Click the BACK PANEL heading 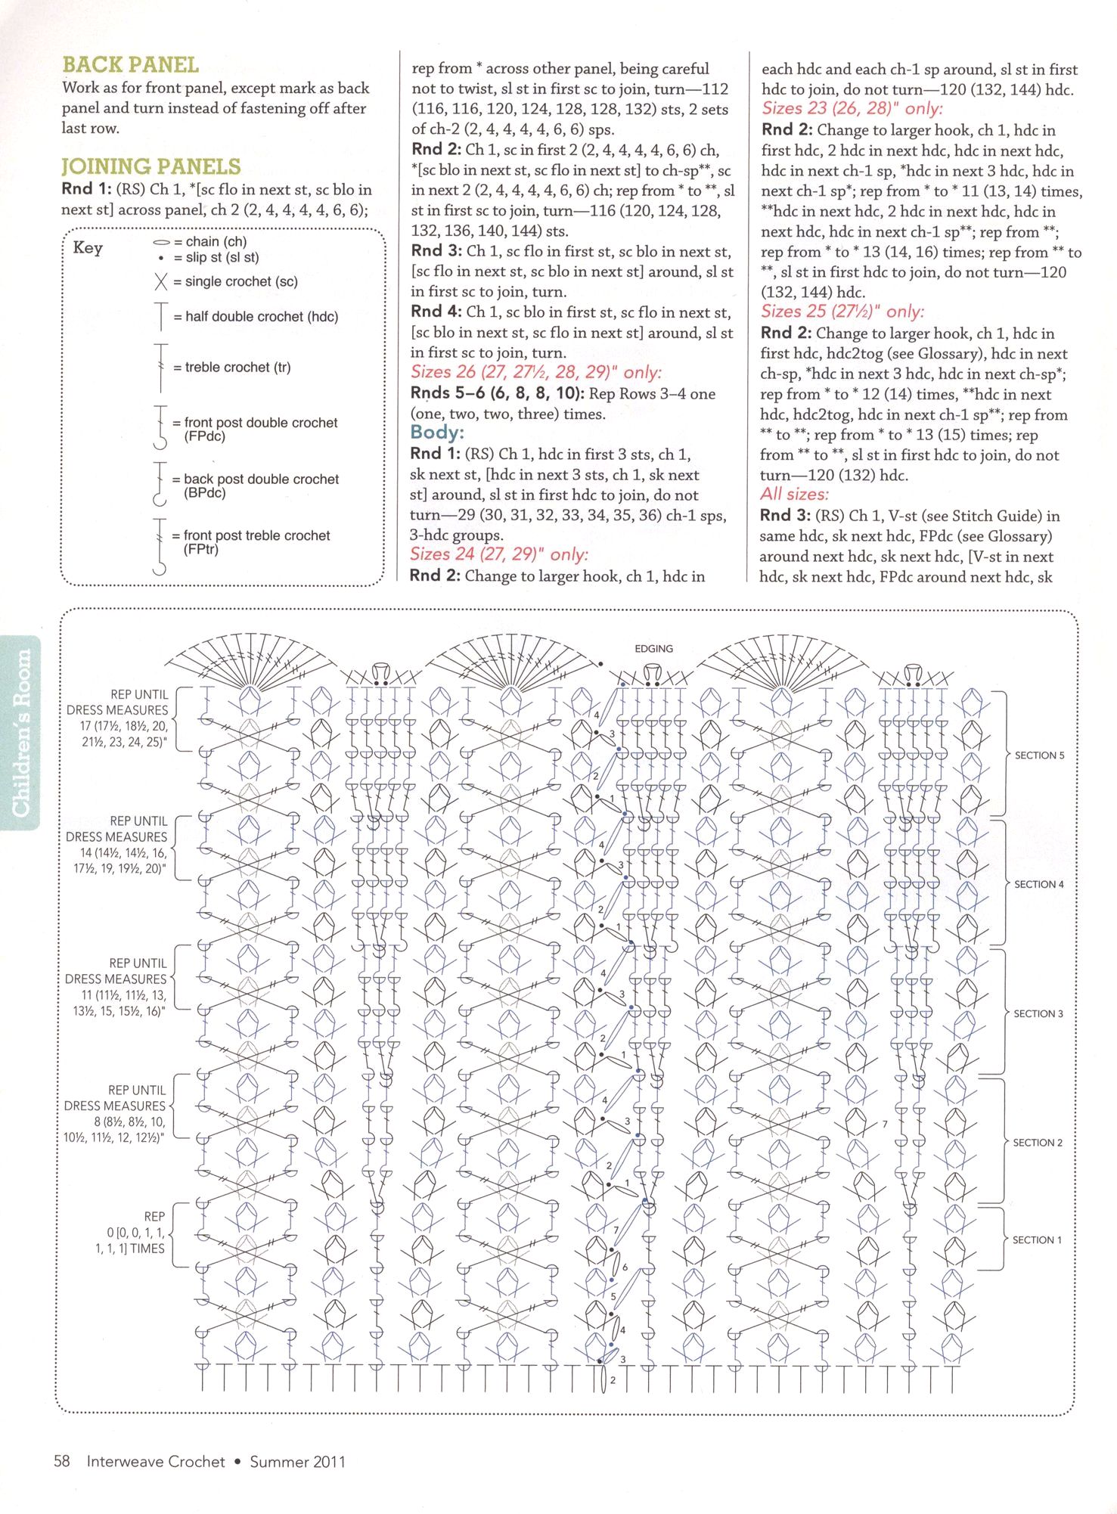point(130,65)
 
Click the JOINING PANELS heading point(151,166)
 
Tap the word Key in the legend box point(88,248)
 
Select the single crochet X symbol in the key point(160,282)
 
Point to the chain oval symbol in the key point(161,243)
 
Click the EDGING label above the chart point(653,649)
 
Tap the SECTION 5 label point(1039,755)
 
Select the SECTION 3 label point(1038,1013)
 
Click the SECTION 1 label point(1037,1240)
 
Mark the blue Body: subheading point(437,433)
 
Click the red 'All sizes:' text point(794,495)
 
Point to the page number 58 point(62,1461)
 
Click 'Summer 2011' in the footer point(297,1462)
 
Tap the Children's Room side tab point(21,732)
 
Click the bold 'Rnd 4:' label point(436,312)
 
